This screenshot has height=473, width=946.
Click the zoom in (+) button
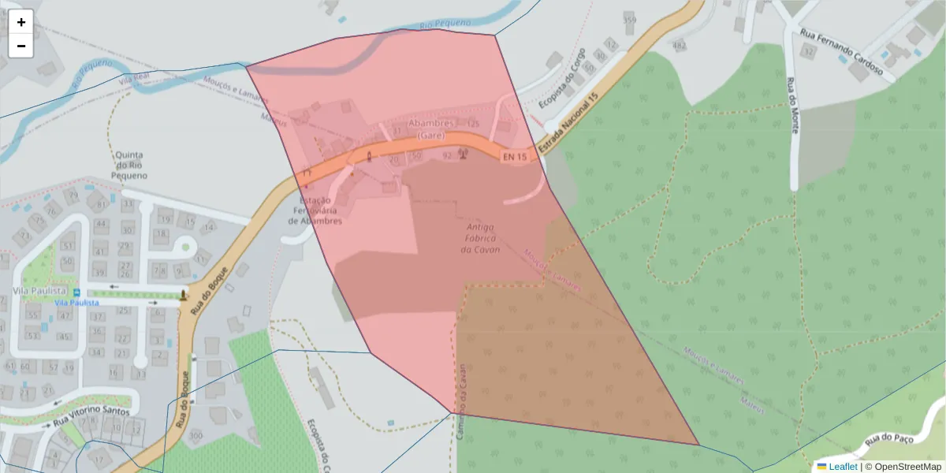21,22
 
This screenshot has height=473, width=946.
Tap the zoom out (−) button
21,46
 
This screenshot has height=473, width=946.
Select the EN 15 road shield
514,157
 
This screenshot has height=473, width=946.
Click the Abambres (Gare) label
430,129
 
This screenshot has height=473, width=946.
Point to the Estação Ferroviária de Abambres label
315,210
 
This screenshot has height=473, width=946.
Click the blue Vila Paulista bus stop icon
76,292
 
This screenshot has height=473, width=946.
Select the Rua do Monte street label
791,106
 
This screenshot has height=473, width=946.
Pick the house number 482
679,46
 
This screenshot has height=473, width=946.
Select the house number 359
629,19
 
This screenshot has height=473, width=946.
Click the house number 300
196,436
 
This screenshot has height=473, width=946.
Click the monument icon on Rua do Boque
184,295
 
